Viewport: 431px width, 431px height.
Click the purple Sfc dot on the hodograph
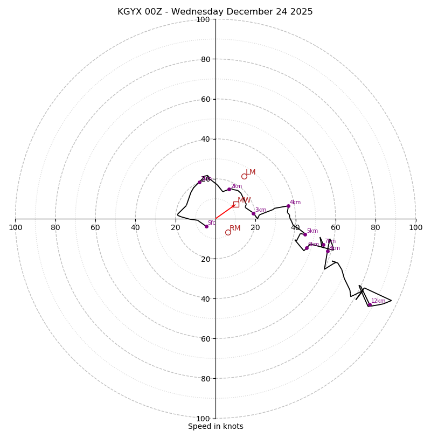pyautogui.click(x=206, y=226)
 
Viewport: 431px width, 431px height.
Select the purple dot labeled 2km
pyautogui.click(x=229, y=189)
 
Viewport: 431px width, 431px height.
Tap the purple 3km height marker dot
pyautogui.click(x=253, y=213)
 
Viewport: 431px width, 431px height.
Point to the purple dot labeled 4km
pyautogui.click(x=288, y=206)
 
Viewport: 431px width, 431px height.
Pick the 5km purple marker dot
pyautogui.click(x=305, y=234)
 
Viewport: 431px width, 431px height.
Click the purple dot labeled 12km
pyautogui.click(x=370, y=305)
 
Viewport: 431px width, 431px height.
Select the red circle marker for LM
pyautogui.click(x=244, y=176)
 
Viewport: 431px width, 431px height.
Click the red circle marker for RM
pyautogui.click(x=228, y=232)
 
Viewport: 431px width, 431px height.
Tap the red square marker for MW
pyautogui.click(x=236, y=204)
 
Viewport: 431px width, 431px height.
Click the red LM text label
pyautogui.click(x=251, y=172)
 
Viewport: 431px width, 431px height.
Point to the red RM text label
pyautogui.click(x=235, y=228)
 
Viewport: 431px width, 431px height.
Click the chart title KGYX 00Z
pyautogui.click(x=140, y=12)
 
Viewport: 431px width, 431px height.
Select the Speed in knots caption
pyautogui.click(x=215, y=427)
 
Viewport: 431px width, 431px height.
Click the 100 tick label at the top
pyautogui.click(x=203, y=20)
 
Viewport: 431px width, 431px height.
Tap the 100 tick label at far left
pyautogui.click(x=16, y=227)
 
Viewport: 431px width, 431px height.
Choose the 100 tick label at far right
pyautogui.click(x=415, y=227)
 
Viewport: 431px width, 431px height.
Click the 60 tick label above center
pyautogui.click(x=205, y=99)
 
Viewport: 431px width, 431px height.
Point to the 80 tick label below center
pyautogui.click(x=205, y=379)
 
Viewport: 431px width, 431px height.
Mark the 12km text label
pyautogui.click(x=378, y=301)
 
